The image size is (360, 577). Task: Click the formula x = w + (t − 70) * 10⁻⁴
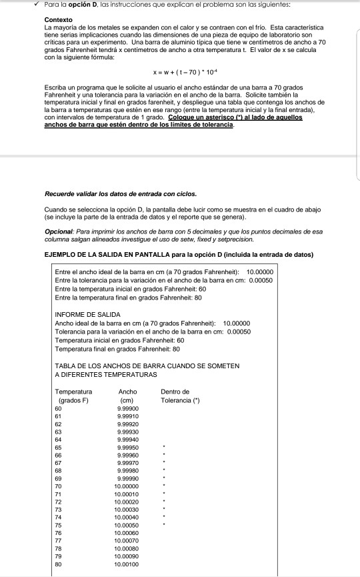click(x=179, y=74)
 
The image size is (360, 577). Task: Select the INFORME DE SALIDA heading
click(x=86, y=314)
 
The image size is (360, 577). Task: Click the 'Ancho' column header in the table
click(x=127, y=391)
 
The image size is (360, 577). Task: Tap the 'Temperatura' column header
click(x=74, y=391)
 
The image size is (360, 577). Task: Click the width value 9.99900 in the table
click(x=127, y=408)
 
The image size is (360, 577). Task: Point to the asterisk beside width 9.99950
click(x=164, y=448)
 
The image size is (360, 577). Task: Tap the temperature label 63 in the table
click(x=58, y=432)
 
